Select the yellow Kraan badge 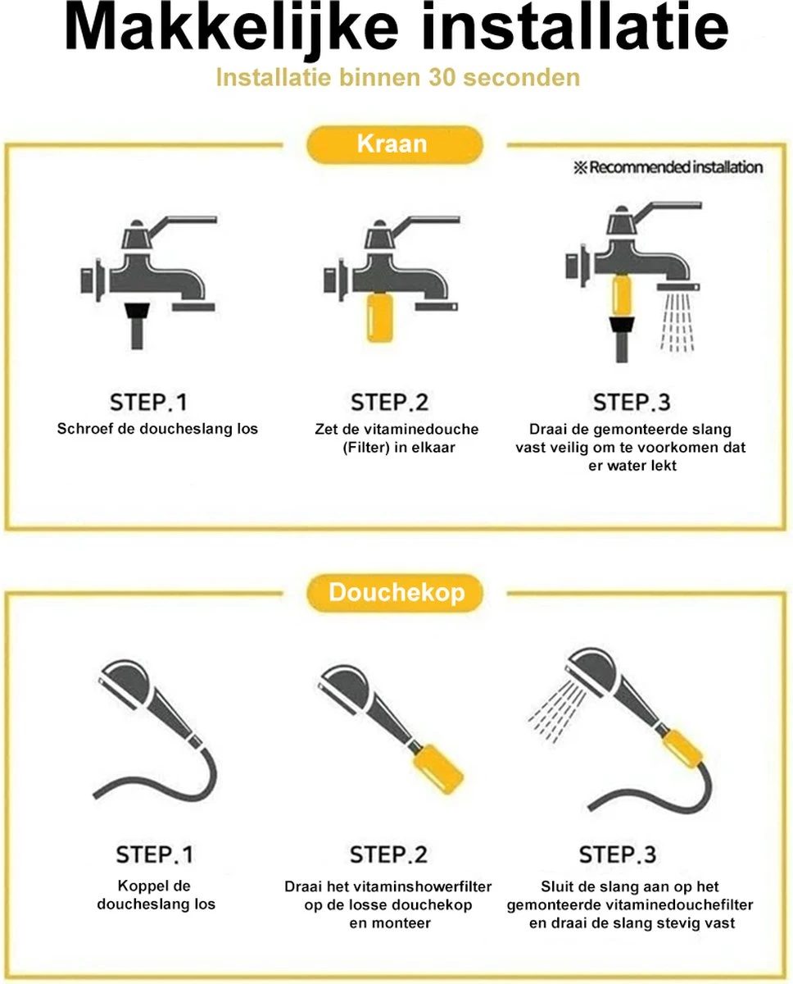pos(392,144)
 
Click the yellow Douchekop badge pos(396,593)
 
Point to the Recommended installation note pos(667,167)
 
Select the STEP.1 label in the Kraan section pos(148,402)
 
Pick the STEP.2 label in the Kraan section pos(389,402)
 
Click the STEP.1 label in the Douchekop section pos(155,854)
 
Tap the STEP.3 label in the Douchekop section pos(617,854)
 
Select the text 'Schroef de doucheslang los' pos(157,429)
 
